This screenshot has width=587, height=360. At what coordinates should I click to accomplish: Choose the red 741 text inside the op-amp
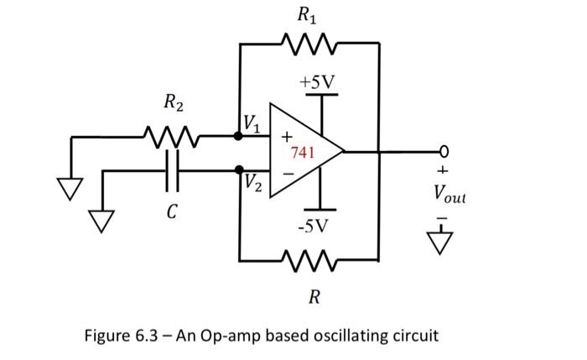coord(303,153)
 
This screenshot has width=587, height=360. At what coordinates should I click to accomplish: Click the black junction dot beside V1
coord(239,135)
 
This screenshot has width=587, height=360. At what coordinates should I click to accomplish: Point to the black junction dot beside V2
coord(239,170)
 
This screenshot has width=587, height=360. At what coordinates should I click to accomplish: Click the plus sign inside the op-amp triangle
coord(285,136)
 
